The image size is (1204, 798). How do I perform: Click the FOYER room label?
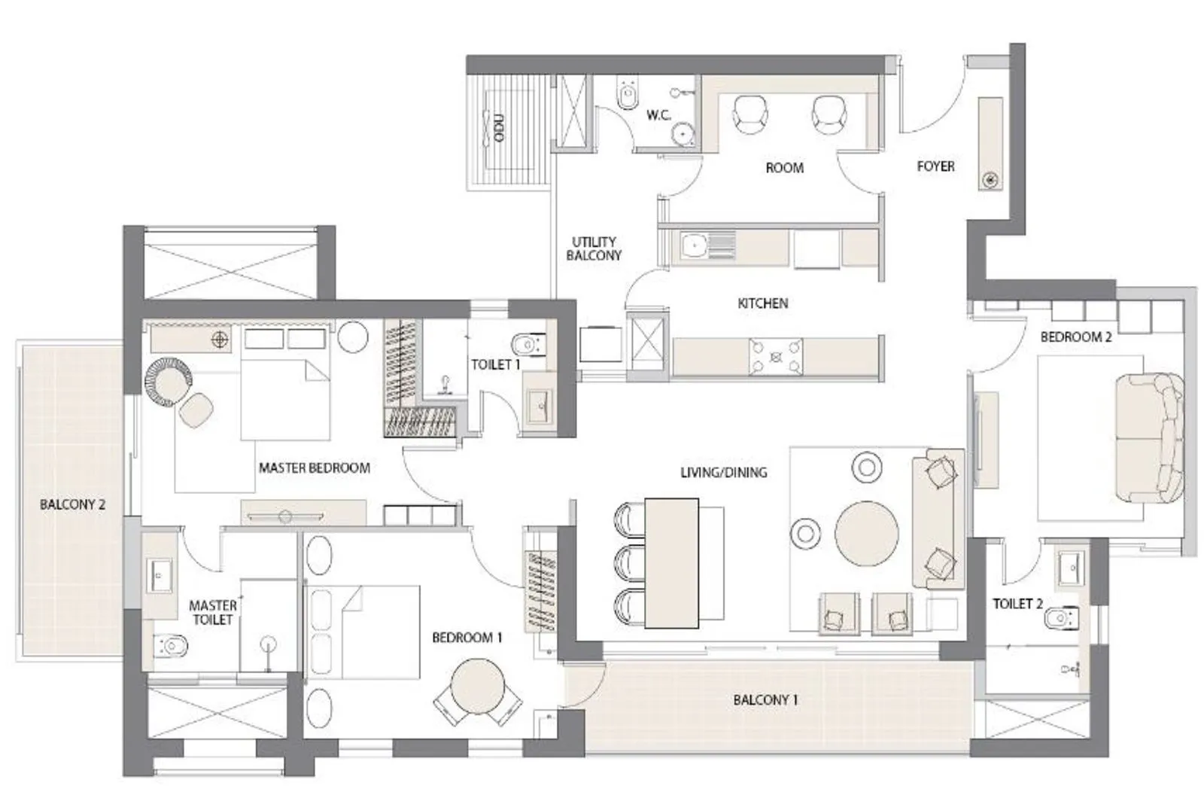935,166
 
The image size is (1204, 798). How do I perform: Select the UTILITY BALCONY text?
594,248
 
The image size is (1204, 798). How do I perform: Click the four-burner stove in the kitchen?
775,356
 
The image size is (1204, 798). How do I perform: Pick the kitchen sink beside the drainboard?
693,245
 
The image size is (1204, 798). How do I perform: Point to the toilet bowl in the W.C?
626,96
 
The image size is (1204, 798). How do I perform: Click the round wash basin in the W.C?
683,133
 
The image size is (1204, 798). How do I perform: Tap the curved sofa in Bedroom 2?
1150,437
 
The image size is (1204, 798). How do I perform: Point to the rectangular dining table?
672,562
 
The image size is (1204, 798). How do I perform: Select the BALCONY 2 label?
72,504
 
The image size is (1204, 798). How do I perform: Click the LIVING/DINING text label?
723,473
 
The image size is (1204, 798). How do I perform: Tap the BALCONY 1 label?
765,700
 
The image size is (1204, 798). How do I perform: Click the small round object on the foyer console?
991,179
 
